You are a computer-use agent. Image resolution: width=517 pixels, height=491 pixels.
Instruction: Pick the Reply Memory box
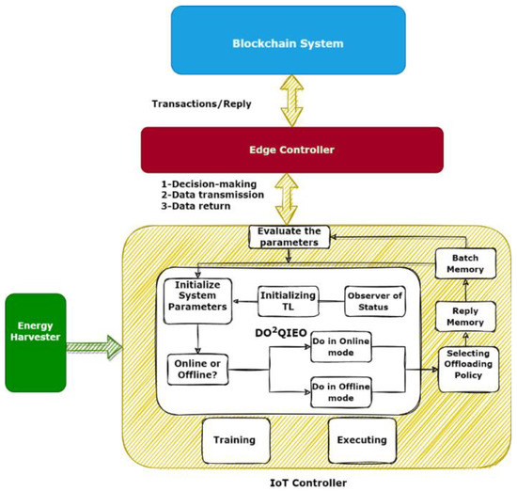pos(463,316)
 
